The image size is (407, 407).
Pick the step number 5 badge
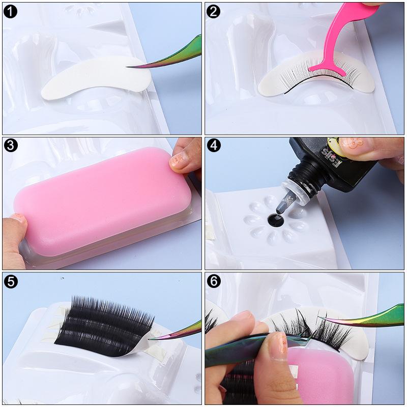[x=10, y=281]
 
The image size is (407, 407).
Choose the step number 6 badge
[x=214, y=281]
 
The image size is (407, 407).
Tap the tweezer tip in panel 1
[x=129, y=67]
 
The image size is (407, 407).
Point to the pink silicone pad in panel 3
[x=102, y=203]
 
